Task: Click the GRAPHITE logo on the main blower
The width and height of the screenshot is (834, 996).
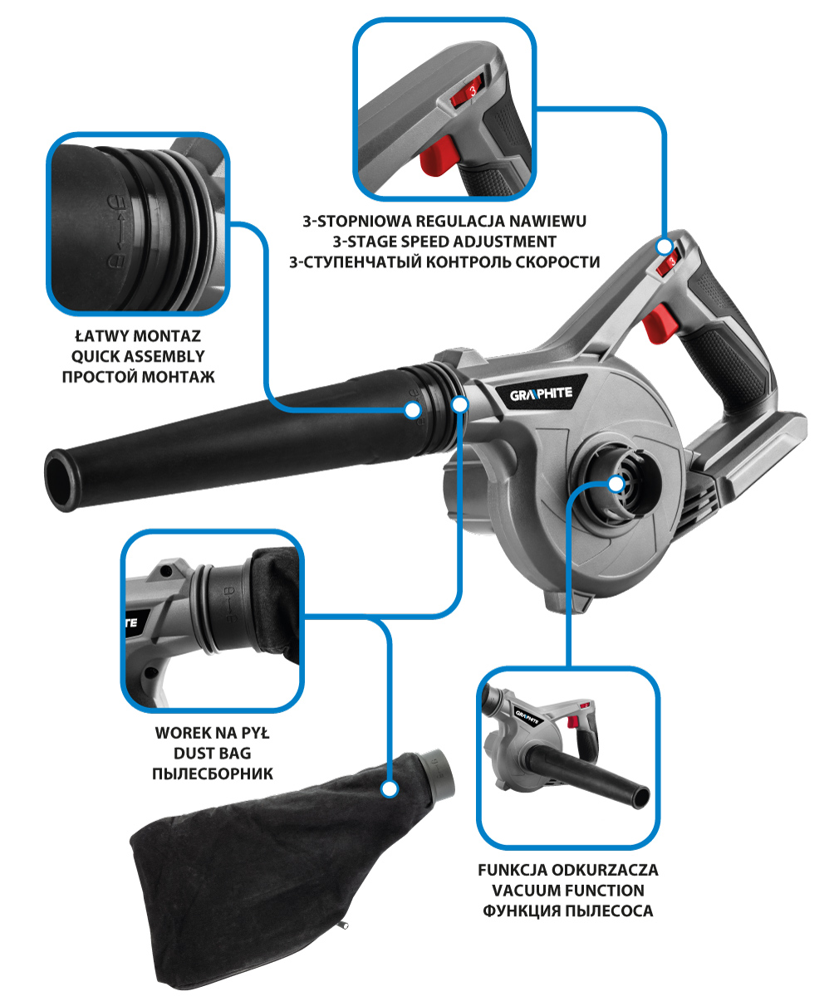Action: (x=541, y=394)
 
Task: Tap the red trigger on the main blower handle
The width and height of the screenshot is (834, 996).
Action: (x=660, y=324)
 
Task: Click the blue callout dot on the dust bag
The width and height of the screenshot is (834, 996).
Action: (x=390, y=788)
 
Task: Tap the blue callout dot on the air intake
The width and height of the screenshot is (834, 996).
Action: (x=616, y=484)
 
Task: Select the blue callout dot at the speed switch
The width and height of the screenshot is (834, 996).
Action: (x=664, y=247)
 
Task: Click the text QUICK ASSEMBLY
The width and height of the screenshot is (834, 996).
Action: (x=138, y=356)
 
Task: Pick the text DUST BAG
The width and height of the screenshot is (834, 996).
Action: (x=213, y=753)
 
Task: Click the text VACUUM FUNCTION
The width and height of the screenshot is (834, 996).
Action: (x=568, y=890)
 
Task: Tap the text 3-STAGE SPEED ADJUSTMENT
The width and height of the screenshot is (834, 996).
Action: (x=444, y=242)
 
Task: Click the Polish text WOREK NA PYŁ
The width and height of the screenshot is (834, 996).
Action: (x=213, y=732)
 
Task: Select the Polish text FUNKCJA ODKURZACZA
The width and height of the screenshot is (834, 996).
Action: (x=568, y=870)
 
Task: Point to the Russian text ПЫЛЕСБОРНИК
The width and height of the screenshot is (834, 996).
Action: (x=213, y=774)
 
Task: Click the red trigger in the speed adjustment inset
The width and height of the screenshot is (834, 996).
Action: (x=437, y=156)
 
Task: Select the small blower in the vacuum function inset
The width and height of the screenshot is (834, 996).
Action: (x=567, y=758)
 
